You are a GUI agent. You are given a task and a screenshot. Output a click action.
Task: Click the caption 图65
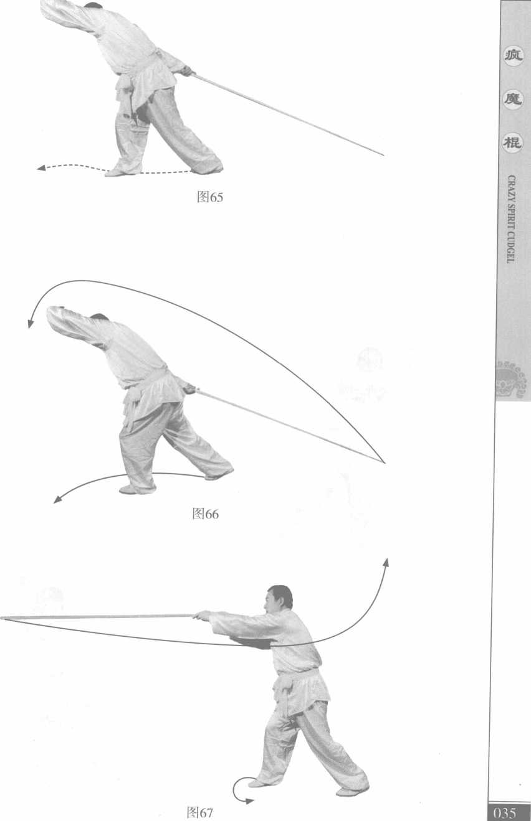210,197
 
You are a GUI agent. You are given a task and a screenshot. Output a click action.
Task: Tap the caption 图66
205,514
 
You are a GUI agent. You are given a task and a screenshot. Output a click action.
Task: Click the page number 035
505,813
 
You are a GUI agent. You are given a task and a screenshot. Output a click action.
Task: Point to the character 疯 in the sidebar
513,56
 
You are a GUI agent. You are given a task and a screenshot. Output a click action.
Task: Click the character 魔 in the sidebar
513,99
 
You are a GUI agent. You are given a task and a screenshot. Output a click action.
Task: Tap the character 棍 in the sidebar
512,142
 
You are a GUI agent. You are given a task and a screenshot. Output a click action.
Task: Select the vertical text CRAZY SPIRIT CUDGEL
512,218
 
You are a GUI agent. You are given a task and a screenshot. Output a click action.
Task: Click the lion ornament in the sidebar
511,379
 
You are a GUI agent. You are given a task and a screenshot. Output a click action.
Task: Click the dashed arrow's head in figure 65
41,168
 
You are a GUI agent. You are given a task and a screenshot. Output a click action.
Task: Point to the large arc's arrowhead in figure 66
31,323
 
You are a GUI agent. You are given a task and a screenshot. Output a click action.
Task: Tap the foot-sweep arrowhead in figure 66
57,500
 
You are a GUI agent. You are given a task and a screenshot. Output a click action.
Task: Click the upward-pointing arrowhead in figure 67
385,563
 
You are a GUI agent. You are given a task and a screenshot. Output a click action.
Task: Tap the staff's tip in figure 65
383,155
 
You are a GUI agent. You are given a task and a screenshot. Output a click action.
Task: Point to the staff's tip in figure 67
1,619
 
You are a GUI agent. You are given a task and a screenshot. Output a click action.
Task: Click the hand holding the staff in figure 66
189,388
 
